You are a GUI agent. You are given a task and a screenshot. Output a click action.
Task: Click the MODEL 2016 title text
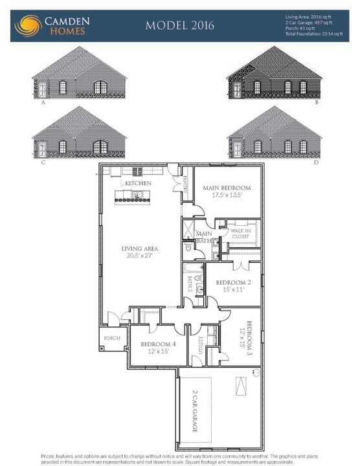click(x=179, y=25)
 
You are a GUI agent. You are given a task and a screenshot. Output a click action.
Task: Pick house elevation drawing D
click(x=275, y=134)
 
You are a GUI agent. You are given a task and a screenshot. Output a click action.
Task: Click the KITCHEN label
click(x=139, y=183)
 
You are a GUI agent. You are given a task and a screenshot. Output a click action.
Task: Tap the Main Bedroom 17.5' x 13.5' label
click(x=227, y=192)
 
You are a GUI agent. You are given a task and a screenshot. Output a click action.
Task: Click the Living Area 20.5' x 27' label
click(x=141, y=252)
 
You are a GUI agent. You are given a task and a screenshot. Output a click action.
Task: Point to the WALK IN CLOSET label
click(x=240, y=233)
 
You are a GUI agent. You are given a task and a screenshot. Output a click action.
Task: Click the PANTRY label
click(x=185, y=186)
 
